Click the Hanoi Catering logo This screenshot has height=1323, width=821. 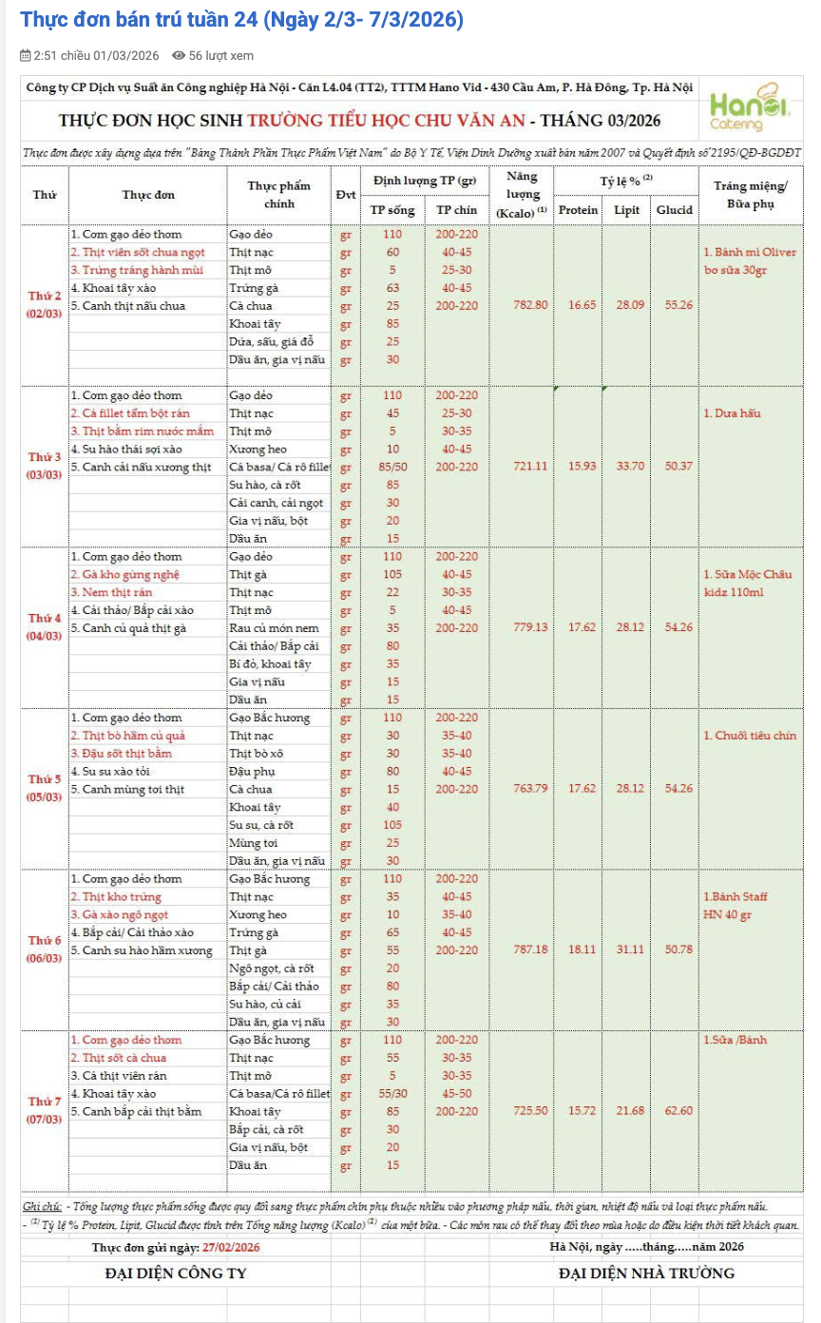[x=750, y=109]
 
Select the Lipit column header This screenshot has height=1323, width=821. [x=626, y=210]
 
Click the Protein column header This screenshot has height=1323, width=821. [x=578, y=210]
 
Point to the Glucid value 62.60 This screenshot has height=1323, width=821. [x=674, y=1111]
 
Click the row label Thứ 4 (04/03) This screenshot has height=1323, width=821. [x=45, y=627]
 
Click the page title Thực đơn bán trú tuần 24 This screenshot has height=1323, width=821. [x=241, y=20]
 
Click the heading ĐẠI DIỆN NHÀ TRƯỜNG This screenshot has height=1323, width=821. [x=646, y=1273]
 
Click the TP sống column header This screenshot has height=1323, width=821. [x=392, y=210]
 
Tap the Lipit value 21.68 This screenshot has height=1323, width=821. [x=626, y=1111]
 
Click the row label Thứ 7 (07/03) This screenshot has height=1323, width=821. [x=45, y=1110]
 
